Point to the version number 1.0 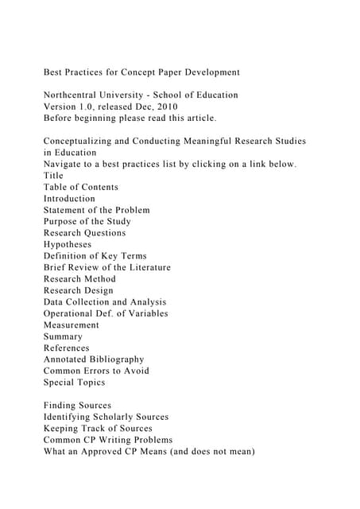pos(94,107)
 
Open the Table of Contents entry pos(81,187)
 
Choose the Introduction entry pos(69,199)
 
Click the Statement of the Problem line pos(96,210)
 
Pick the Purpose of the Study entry pos(87,221)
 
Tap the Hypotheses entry pos(68,244)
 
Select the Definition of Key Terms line pos(95,256)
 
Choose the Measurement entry pos(72,324)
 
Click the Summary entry pos(63,336)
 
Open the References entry pos(67,348)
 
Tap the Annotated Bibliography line pos(94,359)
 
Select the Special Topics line pos(75,382)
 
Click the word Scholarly pos(124,417)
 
